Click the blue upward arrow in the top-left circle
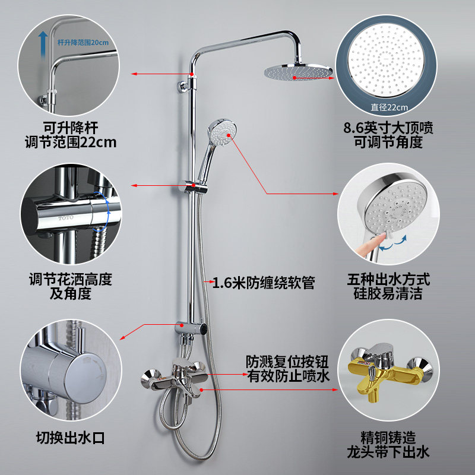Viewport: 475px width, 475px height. point(43,44)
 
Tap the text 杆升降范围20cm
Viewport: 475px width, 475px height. point(83,42)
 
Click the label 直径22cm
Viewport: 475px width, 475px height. point(389,107)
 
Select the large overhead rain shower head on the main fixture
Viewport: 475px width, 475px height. point(298,72)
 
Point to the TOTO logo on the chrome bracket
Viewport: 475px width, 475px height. point(66,218)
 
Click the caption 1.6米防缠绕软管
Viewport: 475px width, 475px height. point(264,283)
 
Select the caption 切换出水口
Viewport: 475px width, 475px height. point(70,438)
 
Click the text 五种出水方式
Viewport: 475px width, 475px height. point(388,279)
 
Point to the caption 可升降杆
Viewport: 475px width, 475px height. point(70,128)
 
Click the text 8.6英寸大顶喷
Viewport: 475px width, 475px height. point(388,128)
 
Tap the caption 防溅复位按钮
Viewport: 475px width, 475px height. point(287,362)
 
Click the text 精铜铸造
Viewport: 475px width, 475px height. point(388,438)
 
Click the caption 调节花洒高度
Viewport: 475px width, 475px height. point(70,279)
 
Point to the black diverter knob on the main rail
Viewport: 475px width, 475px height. point(204,330)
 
